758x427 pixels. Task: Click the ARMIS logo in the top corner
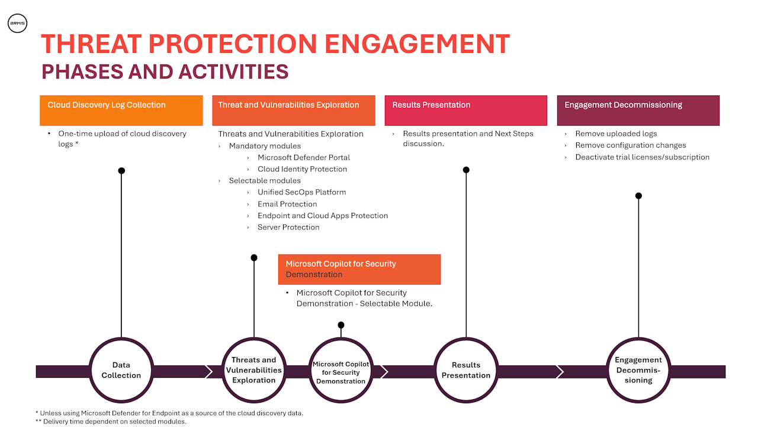tap(17, 24)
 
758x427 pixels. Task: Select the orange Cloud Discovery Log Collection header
tap(121, 110)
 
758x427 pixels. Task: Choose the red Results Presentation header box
tap(465, 110)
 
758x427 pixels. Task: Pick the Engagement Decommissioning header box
tap(638, 110)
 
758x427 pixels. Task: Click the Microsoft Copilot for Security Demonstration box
tap(359, 269)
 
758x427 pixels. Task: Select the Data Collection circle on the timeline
tap(121, 370)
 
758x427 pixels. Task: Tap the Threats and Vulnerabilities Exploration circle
tap(254, 370)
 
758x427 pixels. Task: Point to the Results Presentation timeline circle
tap(466, 370)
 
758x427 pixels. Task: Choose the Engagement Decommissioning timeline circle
tap(638, 370)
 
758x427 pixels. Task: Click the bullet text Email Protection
tap(287, 204)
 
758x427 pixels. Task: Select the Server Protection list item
tap(288, 227)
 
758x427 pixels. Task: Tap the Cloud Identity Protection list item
tap(302, 169)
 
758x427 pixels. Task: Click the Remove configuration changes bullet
tap(630, 145)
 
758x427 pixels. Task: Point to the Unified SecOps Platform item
tap(301, 192)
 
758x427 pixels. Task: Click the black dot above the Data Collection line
tap(121, 171)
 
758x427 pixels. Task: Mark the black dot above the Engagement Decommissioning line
tap(638, 196)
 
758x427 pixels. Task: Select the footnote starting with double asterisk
tap(111, 422)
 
